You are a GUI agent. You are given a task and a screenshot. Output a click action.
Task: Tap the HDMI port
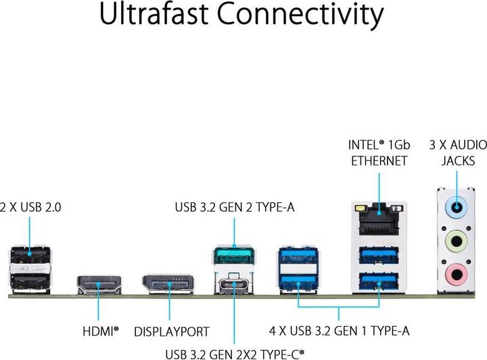click(99, 284)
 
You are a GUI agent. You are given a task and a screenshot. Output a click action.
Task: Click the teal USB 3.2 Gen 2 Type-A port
click(234, 259)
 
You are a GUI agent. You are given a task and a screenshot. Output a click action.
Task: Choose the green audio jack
click(457, 241)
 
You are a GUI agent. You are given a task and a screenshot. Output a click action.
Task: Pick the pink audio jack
click(457, 273)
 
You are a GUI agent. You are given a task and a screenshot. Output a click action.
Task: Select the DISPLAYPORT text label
click(172, 332)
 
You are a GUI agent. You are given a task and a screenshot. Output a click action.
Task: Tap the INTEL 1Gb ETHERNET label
click(378, 152)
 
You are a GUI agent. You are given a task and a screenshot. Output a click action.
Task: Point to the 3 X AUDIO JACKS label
click(457, 152)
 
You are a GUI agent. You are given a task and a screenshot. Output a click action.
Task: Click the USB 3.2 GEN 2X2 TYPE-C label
click(234, 353)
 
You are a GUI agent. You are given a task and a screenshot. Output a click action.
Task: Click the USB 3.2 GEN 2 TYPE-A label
click(234, 207)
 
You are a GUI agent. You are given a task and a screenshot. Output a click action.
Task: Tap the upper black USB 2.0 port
click(30, 256)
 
